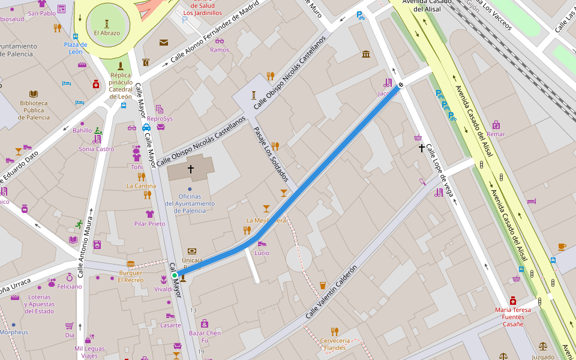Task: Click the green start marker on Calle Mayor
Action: (x=175, y=275)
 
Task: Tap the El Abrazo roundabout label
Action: (x=107, y=33)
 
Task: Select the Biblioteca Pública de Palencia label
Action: (x=34, y=110)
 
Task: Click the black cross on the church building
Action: (x=191, y=169)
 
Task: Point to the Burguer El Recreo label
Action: (x=130, y=276)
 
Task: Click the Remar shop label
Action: (x=496, y=134)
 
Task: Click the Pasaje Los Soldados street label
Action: (x=271, y=154)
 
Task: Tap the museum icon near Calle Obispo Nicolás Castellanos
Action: (x=366, y=55)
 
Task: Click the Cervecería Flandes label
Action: (x=334, y=344)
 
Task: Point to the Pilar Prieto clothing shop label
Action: (x=149, y=224)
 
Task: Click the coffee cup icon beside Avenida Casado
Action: (x=562, y=247)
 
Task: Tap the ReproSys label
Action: (x=160, y=118)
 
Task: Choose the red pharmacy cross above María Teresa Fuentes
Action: (x=512, y=300)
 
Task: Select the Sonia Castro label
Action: (x=96, y=149)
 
